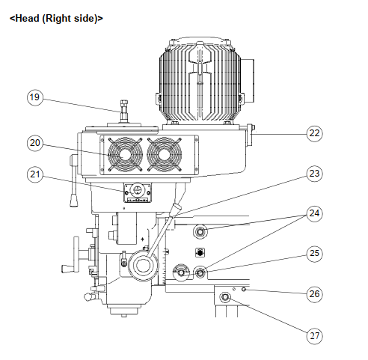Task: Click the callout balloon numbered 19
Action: pyautogui.click(x=34, y=97)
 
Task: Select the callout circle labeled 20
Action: pyautogui.click(x=34, y=143)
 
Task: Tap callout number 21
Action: pyautogui.click(x=34, y=174)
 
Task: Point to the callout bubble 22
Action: pyautogui.click(x=314, y=133)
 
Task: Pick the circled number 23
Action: pyautogui.click(x=314, y=174)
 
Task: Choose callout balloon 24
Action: pyautogui.click(x=314, y=213)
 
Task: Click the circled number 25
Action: pyautogui.click(x=314, y=254)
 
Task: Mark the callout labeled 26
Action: pyautogui.click(x=314, y=294)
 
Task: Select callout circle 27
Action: pyautogui.click(x=314, y=336)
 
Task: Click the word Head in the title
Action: pyautogui.click(x=28, y=19)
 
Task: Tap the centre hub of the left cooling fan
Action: pyautogui.click(x=125, y=155)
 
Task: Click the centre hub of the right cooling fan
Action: pyautogui.click(x=165, y=155)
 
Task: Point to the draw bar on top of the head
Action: pyautogui.click(x=124, y=111)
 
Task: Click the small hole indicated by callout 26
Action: pyautogui.click(x=244, y=290)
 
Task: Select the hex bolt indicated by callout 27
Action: pyautogui.click(x=225, y=297)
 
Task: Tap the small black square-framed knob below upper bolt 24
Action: pyautogui.click(x=200, y=252)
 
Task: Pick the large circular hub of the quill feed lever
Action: pyautogui.click(x=143, y=266)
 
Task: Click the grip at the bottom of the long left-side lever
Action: pyautogui.click(x=73, y=200)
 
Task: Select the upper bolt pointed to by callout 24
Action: pyautogui.click(x=200, y=232)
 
